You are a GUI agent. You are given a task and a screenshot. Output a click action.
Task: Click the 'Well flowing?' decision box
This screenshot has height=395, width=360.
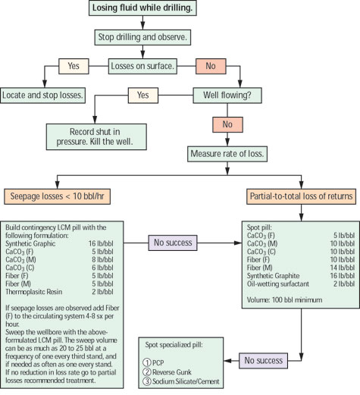click(x=241, y=95)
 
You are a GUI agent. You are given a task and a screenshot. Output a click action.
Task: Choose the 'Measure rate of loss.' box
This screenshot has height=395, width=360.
click(x=241, y=152)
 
